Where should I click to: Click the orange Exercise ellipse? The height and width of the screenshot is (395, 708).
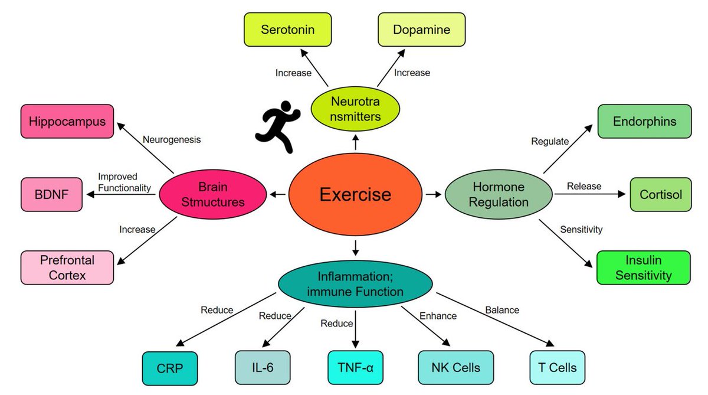click(355, 194)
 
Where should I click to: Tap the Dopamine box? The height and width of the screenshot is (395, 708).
click(421, 30)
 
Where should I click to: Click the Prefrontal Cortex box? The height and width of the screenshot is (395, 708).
click(67, 267)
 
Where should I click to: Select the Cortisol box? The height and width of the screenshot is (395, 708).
click(660, 194)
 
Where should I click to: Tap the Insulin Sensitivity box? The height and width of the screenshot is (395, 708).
click(644, 267)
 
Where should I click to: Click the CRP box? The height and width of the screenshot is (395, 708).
click(170, 368)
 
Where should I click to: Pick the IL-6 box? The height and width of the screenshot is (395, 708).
click(263, 367)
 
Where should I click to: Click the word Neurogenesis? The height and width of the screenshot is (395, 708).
click(172, 140)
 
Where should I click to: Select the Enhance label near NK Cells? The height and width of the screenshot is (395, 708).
click(438, 316)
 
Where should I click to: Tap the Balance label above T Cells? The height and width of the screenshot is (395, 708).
click(501, 309)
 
